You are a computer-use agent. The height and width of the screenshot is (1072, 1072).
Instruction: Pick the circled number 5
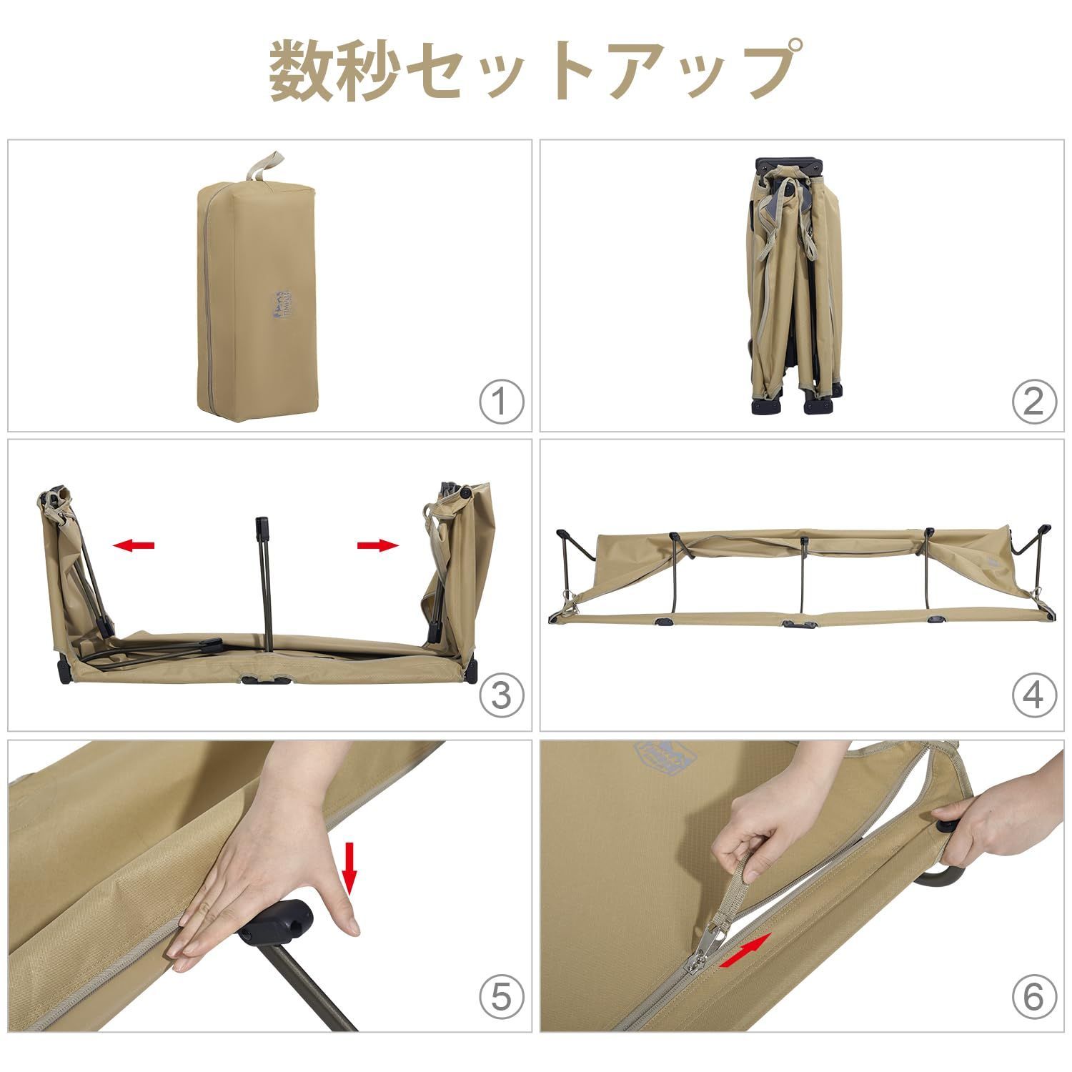501,996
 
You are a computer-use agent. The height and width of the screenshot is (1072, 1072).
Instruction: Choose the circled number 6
1033,996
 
